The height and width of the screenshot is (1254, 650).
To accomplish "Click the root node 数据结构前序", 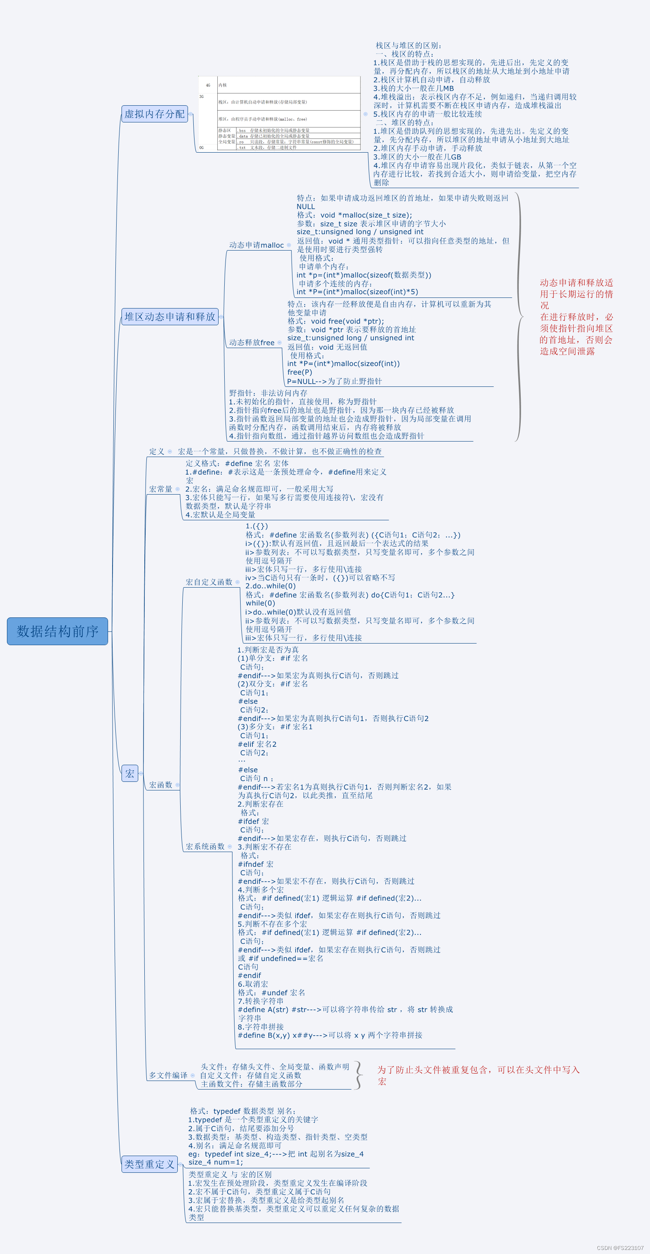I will pos(57,631).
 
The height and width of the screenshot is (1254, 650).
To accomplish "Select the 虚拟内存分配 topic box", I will pos(154,114).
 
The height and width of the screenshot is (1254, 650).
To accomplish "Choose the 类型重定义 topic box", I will pos(149,1164).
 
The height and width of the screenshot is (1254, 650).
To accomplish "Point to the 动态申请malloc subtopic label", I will pos(256,245).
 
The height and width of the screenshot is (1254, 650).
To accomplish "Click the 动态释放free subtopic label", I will pos(252,342).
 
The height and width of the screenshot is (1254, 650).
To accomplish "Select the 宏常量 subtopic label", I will pos(161,489).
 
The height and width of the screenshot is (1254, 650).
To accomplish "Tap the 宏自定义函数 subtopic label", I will pos(209,582).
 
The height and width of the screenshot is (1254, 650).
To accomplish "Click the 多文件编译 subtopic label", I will pos(168,1075).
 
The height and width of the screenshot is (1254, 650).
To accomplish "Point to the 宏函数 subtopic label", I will pos(161,784).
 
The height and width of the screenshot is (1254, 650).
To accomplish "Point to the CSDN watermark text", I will pos(620,1247).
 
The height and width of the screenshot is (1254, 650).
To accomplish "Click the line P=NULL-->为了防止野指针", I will pos(334,381).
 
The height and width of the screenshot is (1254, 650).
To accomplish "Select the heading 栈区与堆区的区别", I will pos(408,45).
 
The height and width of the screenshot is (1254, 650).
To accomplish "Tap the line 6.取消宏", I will pos(252,984).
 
